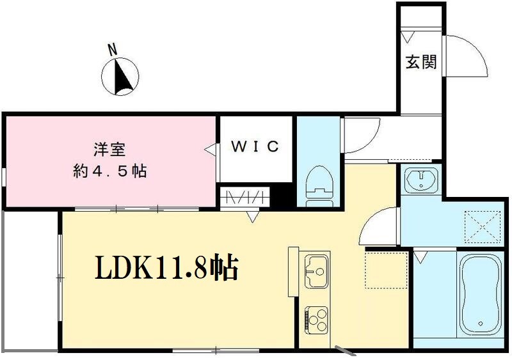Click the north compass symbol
120,77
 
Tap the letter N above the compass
112,49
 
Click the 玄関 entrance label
420,62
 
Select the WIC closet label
255,147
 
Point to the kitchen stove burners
316,317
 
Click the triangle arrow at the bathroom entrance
420,257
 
